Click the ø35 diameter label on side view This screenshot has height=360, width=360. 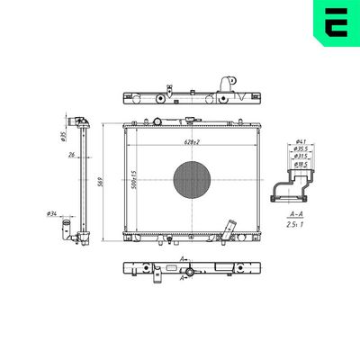click(x=64, y=137)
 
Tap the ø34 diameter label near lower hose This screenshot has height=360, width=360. click(x=51, y=213)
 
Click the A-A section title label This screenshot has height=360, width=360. click(x=295, y=215)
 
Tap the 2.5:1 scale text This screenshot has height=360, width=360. click(x=295, y=226)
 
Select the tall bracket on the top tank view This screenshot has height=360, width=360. click(x=234, y=86)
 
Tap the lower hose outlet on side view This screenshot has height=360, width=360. click(x=67, y=232)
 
